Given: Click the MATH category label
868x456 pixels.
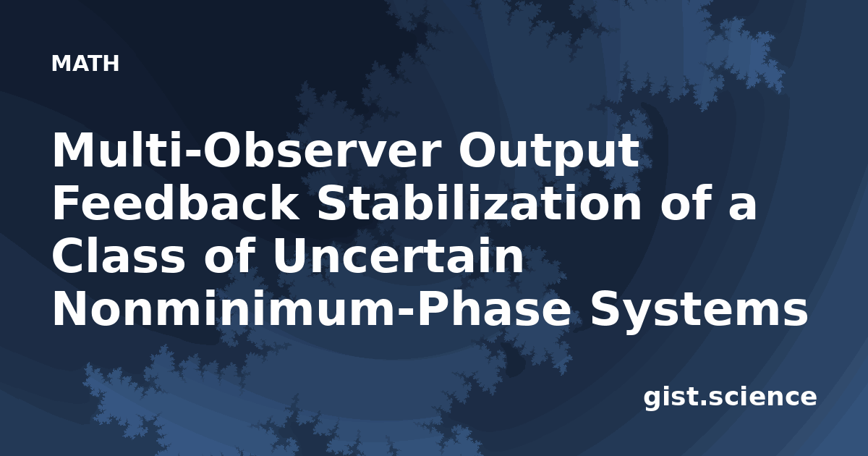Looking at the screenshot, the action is (85, 64).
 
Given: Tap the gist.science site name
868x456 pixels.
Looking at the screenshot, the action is (730, 398).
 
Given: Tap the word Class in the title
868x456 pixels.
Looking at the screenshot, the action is (119, 256).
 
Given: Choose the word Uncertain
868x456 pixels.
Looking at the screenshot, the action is (399, 256).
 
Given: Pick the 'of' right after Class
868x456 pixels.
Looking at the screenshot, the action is (229, 256).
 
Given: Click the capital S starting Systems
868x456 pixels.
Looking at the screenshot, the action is (605, 308).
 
